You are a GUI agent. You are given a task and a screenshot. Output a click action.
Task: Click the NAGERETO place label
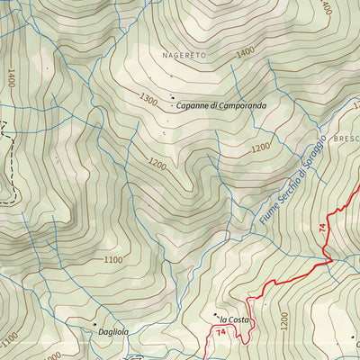(184, 55)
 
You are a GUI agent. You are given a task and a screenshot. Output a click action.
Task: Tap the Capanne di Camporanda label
(220, 105)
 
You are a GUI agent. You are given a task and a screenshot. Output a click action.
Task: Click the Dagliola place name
(115, 331)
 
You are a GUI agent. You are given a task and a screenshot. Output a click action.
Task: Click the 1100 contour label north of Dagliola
(112, 260)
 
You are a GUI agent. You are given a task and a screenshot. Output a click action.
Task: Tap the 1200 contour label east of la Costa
(285, 319)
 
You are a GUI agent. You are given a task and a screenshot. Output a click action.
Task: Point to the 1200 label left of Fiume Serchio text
(260, 147)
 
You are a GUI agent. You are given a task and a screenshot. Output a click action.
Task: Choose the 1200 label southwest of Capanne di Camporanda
(158, 165)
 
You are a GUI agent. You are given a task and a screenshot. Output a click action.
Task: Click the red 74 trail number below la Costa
(220, 334)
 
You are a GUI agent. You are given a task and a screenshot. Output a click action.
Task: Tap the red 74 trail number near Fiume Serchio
(321, 229)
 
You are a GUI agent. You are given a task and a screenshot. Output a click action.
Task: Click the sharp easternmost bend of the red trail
(331, 261)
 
